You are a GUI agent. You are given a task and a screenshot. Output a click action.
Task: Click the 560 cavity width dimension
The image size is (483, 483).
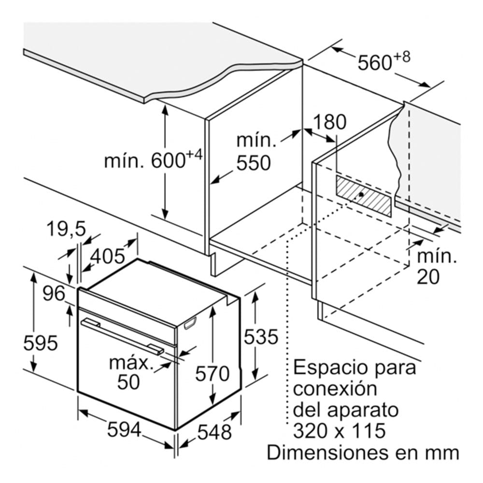click(x=375, y=63)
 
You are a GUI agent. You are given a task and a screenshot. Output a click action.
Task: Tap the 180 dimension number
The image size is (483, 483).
click(x=329, y=122)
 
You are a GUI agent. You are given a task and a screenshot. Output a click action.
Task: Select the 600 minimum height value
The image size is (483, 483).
click(x=168, y=160)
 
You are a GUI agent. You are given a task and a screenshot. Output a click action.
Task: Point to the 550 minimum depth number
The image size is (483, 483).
click(x=254, y=163)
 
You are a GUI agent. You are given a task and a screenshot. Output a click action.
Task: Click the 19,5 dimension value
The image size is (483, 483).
click(x=66, y=229)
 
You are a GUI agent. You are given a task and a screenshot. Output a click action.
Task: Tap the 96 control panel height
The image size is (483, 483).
click(x=54, y=293)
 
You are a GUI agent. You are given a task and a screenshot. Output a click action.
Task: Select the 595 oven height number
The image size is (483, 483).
click(x=41, y=342)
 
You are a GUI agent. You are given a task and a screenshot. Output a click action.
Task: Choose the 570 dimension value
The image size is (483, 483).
click(x=212, y=374)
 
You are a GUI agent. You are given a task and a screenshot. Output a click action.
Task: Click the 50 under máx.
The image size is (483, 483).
click(x=128, y=382)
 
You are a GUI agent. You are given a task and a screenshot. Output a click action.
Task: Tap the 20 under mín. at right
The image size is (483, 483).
click(x=428, y=277)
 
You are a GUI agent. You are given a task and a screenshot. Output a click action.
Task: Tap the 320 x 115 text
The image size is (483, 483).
click(x=339, y=431)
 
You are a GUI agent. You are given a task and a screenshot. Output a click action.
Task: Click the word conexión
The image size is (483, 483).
click(x=335, y=389)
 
